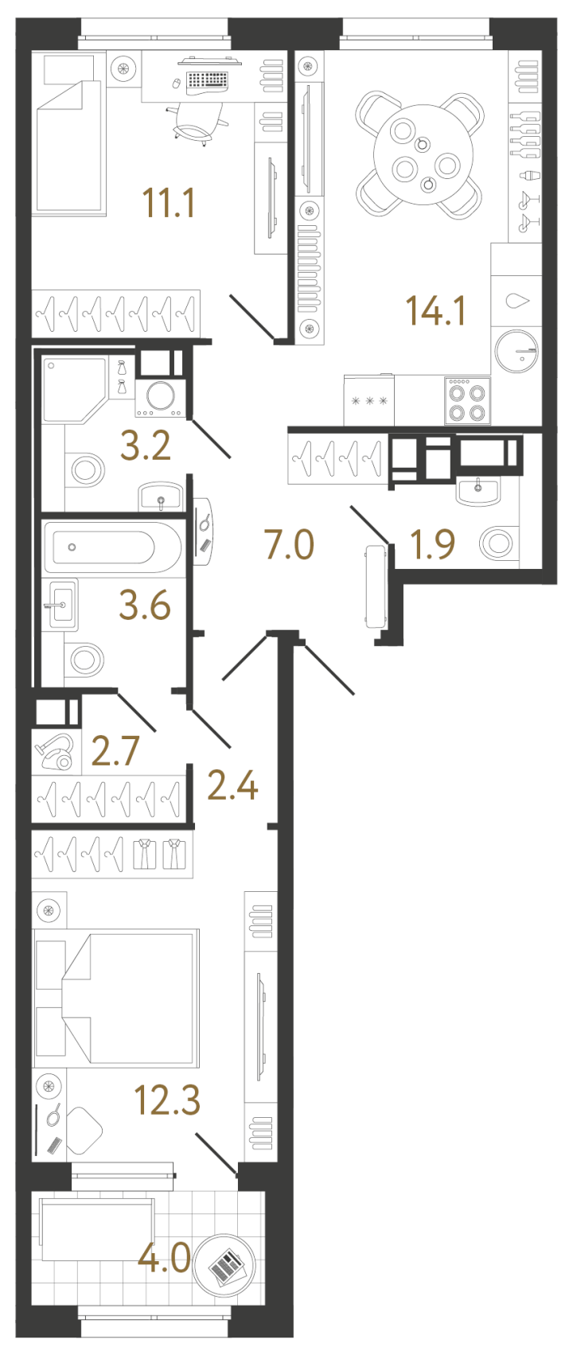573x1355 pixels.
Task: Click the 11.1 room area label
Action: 168,203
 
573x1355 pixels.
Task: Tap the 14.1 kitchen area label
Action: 435,310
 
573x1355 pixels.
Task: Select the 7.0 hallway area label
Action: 289,546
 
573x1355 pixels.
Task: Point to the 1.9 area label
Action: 432,545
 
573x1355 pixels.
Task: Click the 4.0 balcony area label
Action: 164,1259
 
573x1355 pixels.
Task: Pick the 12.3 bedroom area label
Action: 167,1101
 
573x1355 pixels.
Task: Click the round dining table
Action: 419,155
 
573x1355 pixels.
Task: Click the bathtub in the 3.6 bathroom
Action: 111,547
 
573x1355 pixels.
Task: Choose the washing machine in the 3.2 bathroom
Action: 160,397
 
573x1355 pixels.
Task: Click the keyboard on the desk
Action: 205,80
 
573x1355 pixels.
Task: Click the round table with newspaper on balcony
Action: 228,1262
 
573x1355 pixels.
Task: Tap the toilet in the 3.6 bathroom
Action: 85,660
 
